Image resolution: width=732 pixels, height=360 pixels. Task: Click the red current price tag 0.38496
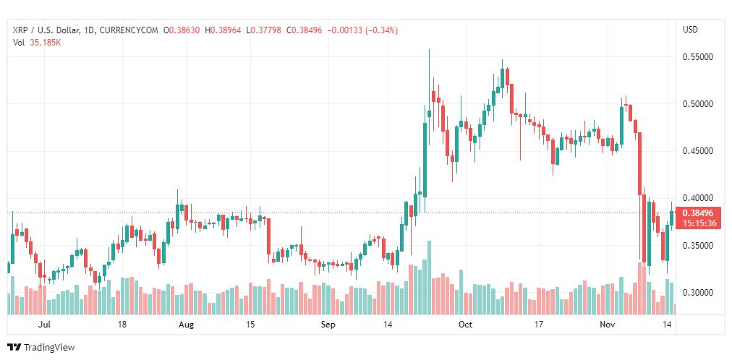click(698, 213)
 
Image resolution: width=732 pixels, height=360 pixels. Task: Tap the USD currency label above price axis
click(690, 30)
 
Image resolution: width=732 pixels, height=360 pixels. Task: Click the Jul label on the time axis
click(45, 325)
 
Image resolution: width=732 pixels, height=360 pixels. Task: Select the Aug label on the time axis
click(187, 325)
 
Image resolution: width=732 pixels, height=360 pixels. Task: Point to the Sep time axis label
click(328, 325)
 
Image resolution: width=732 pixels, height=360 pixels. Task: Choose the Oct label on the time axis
click(465, 325)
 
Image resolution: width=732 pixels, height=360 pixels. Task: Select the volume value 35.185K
click(44, 42)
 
